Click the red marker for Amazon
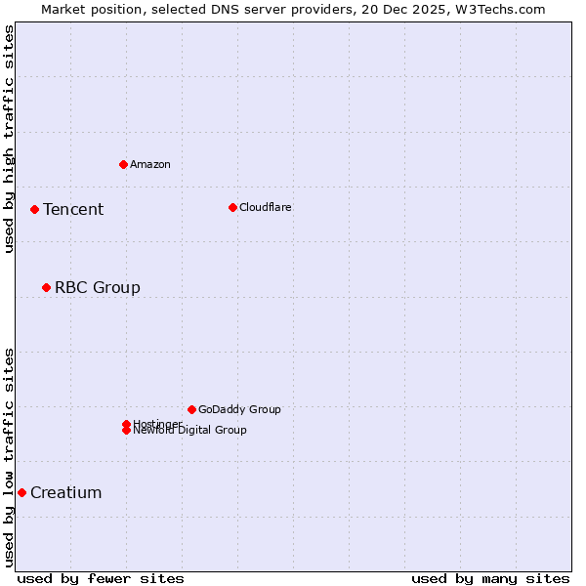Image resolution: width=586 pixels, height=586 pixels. [123, 164]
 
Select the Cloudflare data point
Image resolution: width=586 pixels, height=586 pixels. [232, 207]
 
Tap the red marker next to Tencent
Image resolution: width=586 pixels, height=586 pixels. [34, 209]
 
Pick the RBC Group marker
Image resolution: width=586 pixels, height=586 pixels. [46, 287]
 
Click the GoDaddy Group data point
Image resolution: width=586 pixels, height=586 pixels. [191, 409]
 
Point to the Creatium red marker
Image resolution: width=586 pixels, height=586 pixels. [21, 492]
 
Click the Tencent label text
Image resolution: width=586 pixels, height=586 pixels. [73, 210]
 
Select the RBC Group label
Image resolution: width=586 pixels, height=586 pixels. [98, 288]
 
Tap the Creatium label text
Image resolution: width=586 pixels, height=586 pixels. [66, 493]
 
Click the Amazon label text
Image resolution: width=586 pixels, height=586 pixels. [150, 165]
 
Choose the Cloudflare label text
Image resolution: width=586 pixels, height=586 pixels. [266, 208]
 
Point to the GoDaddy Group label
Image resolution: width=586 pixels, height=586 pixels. [239, 410]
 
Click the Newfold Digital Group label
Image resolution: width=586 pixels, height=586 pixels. [190, 431]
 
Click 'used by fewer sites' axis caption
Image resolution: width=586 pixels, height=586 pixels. [101, 579]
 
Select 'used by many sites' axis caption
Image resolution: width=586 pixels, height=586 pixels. [490, 579]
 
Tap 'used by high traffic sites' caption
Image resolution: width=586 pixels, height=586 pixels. [9, 140]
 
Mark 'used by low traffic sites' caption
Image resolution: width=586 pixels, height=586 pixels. [9, 457]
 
